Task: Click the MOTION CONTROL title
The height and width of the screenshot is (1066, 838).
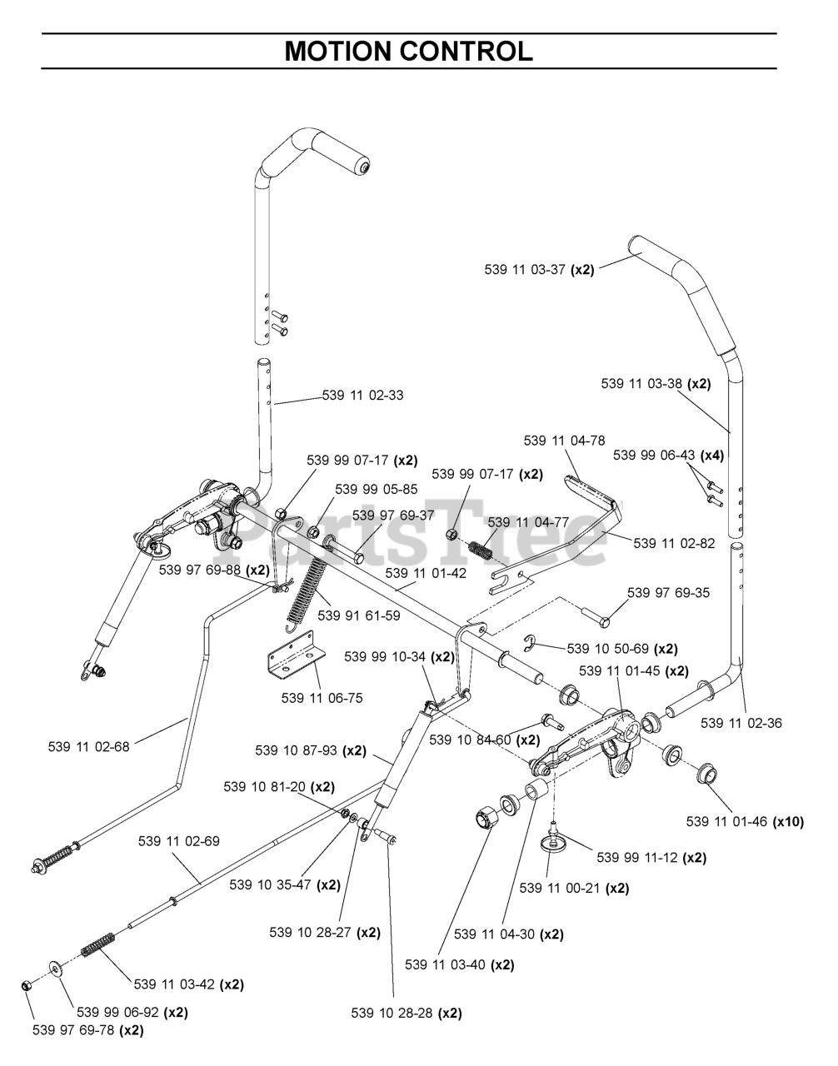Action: [409, 51]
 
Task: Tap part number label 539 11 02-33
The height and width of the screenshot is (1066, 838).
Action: [362, 395]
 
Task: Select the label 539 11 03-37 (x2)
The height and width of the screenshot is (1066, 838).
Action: [539, 269]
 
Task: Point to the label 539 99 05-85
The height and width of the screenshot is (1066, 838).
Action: [377, 489]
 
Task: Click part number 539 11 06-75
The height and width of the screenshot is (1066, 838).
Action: [322, 698]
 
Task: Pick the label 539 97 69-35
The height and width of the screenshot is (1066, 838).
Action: [668, 593]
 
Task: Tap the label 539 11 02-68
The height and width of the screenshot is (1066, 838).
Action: [89, 747]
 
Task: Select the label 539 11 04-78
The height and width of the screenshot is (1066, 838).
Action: [564, 441]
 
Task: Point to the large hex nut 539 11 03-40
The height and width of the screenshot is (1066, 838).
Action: [486, 820]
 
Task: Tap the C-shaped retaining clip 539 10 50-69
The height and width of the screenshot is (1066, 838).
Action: [529, 643]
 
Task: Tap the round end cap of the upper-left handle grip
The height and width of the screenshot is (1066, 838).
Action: [362, 167]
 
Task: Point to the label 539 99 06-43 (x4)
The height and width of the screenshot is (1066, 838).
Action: [668, 456]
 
